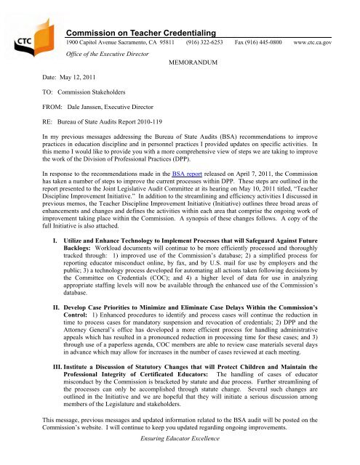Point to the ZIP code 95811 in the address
pyautogui.click(x=166, y=45)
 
